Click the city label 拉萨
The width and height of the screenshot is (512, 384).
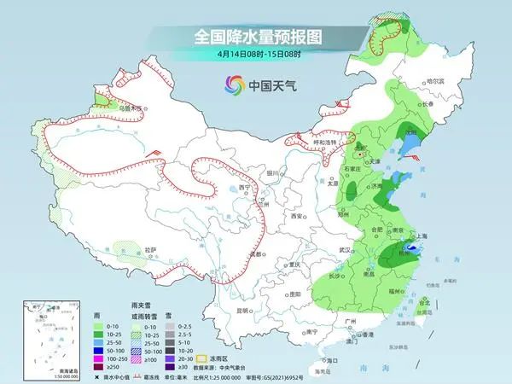pos(151,249)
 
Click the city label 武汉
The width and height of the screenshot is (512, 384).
pos(345,249)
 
